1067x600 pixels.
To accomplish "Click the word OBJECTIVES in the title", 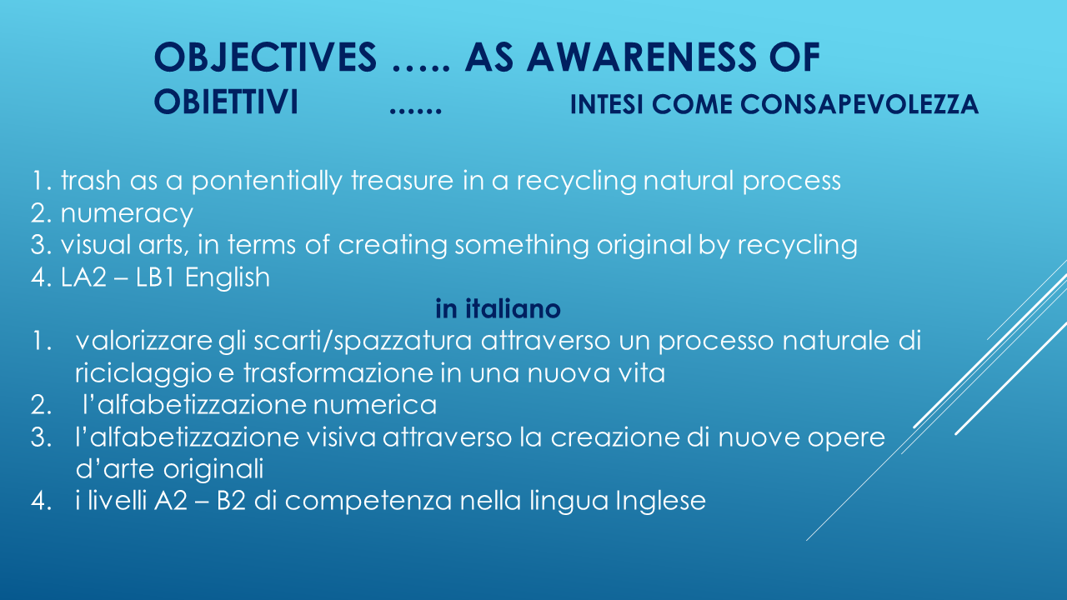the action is (x=265, y=57).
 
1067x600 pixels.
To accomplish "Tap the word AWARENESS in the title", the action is (x=641, y=57).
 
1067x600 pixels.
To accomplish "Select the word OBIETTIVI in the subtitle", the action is (x=226, y=102).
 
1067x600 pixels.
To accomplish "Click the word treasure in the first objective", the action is (x=402, y=181).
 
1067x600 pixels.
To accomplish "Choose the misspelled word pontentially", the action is (x=267, y=182).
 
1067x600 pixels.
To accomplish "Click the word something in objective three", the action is (x=522, y=246).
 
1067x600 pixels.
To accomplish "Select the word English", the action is (x=228, y=277).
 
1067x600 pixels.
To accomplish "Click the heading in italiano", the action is (x=498, y=308).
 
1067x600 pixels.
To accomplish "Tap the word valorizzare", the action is (x=143, y=341).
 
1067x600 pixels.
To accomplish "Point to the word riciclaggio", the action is (x=143, y=374).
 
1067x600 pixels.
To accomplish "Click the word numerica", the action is (x=375, y=405).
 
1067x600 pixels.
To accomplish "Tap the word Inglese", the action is (x=661, y=502).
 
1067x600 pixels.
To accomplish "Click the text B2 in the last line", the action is (x=231, y=501).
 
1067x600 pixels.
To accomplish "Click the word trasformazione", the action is (x=338, y=372).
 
